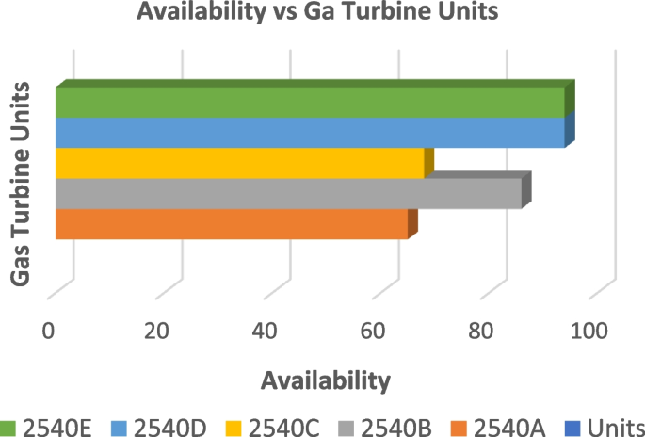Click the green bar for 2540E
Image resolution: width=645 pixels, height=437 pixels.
pos(311,102)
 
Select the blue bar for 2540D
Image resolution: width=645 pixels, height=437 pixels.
pos(311,133)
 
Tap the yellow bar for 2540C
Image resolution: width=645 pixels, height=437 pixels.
pos(240,163)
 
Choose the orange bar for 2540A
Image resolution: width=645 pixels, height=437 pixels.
pos(232,224)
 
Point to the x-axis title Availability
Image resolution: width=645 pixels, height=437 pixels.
pos(326,380)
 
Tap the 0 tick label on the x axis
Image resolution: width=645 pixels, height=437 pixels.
pos(49,331)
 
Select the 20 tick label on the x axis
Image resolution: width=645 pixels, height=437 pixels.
pos(156,331)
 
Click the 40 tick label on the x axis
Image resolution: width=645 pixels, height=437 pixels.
pos(266,331)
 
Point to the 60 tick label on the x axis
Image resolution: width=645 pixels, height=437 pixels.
pos(374,331)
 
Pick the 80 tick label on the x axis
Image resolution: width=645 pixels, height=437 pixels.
pos(481,331)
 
